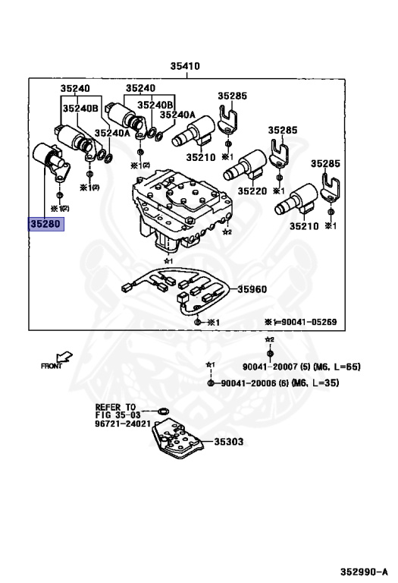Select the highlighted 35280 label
coord(47,224)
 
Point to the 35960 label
coord(252,288)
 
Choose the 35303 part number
coord(228,441)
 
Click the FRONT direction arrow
coord(64,356)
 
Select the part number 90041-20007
coord(271,367)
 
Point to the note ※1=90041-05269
coord(300,323)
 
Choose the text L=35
coord(324,384)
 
